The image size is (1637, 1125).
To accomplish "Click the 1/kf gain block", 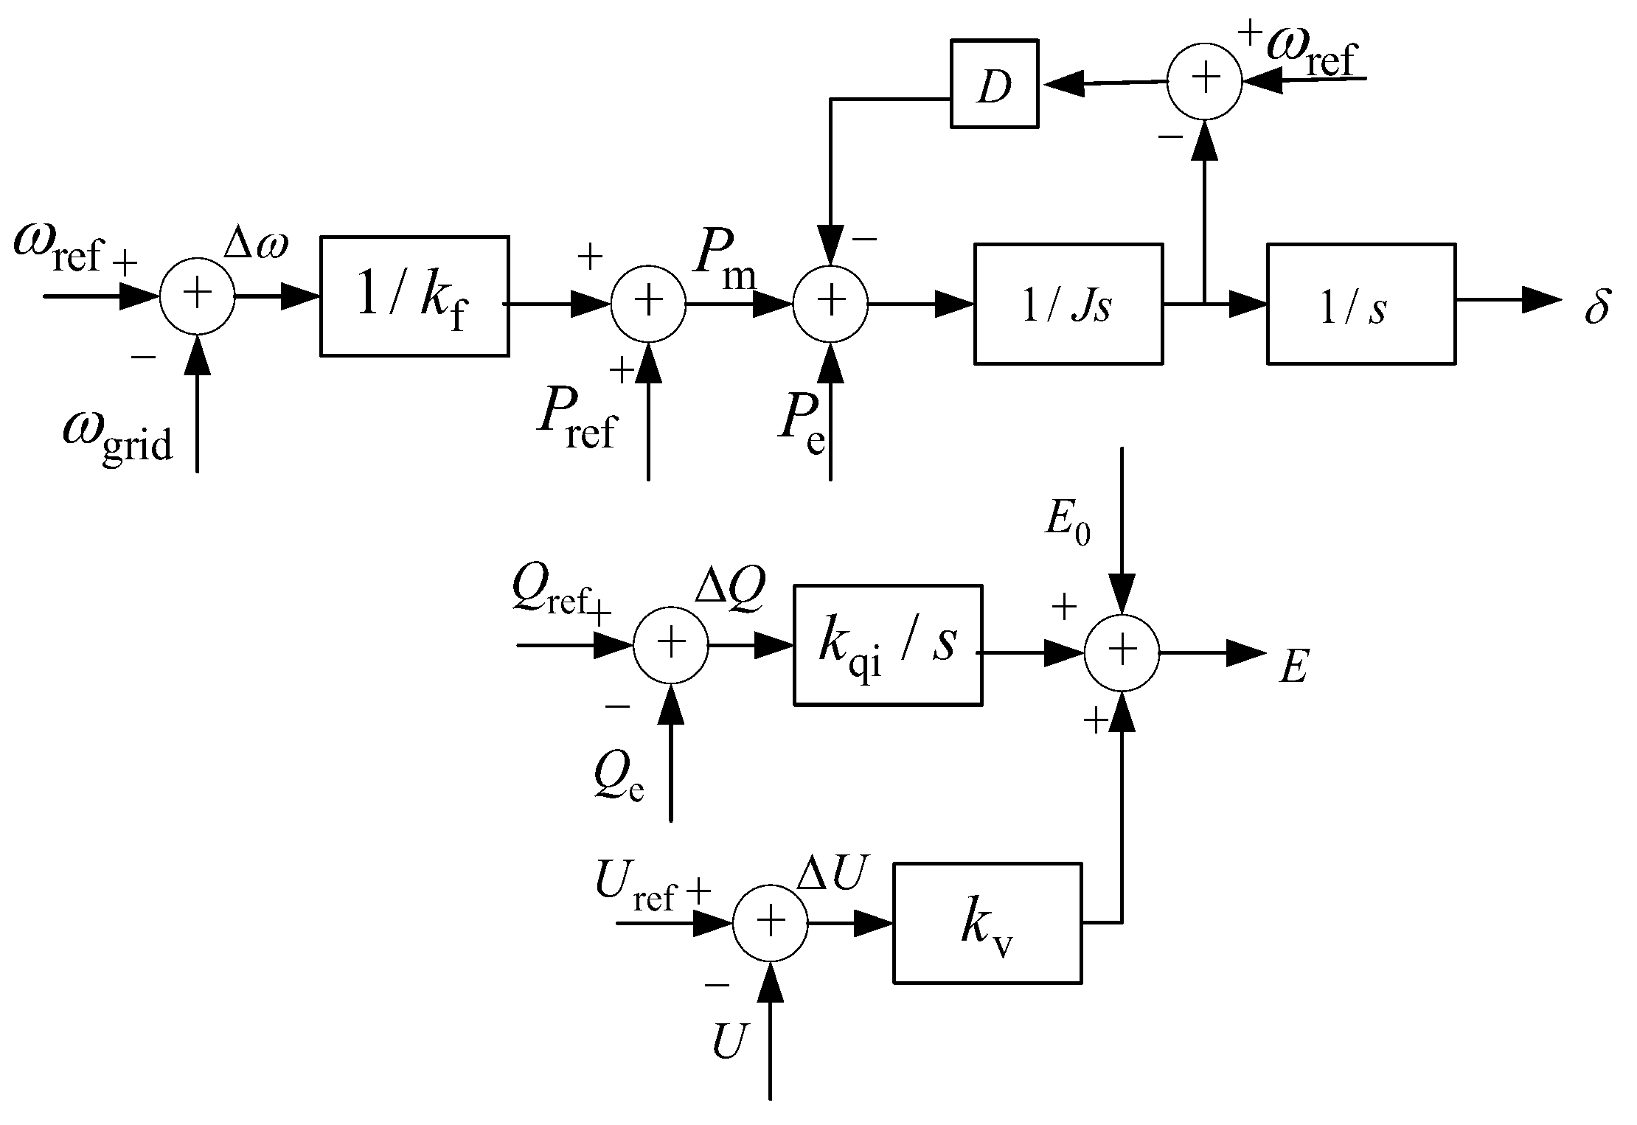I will tap(414, 296).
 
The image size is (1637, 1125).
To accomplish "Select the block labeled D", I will tap(994, 84).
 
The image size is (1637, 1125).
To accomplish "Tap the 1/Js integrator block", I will tap(1068, 304).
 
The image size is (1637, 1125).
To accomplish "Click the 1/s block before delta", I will tap(1360, 304).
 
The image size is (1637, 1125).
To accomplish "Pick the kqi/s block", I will tap(887, 645).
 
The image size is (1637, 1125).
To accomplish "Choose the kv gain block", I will tap(987, 923).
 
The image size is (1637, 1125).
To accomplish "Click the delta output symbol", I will tap(1596, 306).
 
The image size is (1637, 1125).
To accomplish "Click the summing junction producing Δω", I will tap(197, 296).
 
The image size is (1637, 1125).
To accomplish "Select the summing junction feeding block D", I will tap(1204, 81).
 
